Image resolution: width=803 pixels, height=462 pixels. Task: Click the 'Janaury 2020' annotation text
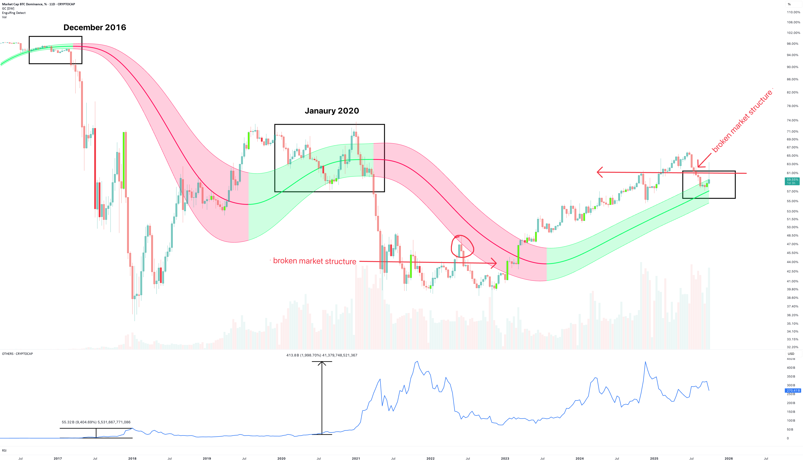pyautogui.click(x=332, y=111)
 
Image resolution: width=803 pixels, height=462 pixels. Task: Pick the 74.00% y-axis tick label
pyautogui.click(x=792, y=120)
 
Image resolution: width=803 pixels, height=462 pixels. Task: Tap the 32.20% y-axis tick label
pyautogui.click(x=792, y=347)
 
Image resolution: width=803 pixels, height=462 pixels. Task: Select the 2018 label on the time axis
pyautogui.click(x=132, y=458)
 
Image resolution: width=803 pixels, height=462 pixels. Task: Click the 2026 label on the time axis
pyautogui.click(x=729, y=458)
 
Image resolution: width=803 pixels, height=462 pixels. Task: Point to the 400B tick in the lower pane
pyautogui.click(x=791, y=368)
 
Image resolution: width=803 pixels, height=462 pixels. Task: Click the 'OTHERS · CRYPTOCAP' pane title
pyautogui.click(x=17, y=354)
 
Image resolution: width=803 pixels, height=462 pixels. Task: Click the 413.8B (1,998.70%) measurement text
pyautogui.click(x=322, y=355)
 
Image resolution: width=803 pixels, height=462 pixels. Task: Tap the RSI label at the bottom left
pyautogui.click(x=4, y=451)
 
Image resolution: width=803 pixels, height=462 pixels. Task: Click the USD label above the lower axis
pyautogui.click(x=791, y=354)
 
